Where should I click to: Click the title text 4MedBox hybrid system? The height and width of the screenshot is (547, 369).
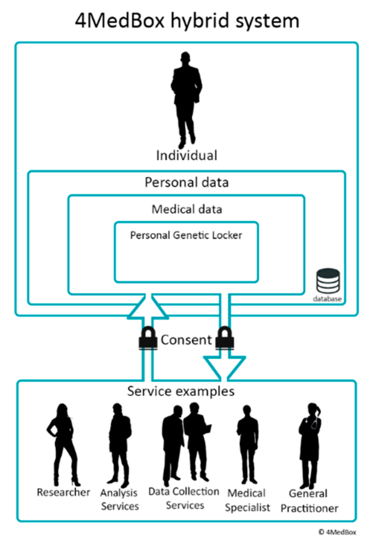point(187,21)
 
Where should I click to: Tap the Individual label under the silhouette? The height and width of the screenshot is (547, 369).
point(186,155)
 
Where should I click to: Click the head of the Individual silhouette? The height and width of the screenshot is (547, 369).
point(185,57)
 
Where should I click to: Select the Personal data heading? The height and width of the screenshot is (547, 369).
point(186,182)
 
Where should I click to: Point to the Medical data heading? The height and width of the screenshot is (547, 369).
point(186,209)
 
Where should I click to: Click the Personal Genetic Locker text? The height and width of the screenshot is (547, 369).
point(186,235)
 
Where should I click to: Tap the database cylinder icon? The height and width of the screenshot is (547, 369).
point(328,281)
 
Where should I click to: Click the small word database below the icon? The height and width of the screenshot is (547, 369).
point(327,299)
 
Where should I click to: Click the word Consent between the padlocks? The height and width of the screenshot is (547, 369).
point(186,340)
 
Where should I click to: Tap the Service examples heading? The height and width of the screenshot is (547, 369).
point(181,391)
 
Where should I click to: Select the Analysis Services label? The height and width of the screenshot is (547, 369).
point(119,499)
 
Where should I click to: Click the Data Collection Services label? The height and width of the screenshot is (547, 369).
point(184,498)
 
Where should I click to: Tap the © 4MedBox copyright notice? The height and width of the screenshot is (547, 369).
point(337,532)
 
